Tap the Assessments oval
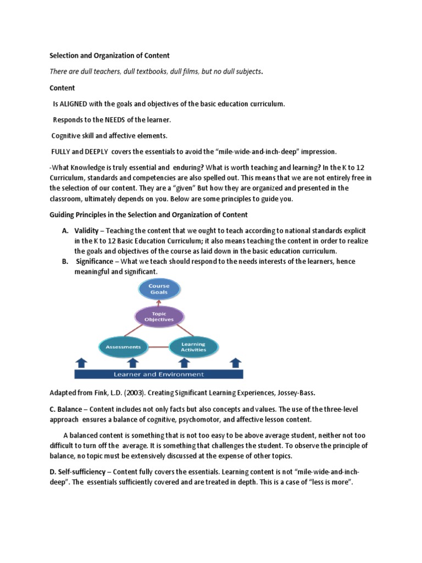123,347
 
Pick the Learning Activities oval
193,347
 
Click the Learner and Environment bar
158,374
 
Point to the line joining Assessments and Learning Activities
158,347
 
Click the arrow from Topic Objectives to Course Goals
159,303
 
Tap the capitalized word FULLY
62,151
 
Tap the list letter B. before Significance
65,262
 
